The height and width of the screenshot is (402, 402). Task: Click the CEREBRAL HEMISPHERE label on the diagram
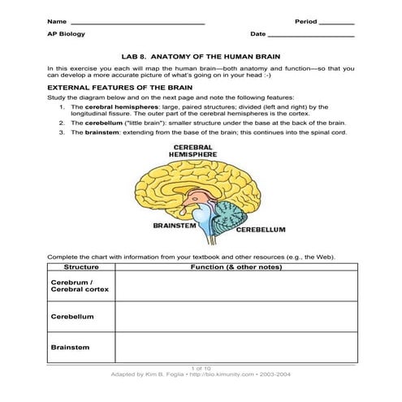192,151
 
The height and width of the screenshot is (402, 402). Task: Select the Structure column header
80,266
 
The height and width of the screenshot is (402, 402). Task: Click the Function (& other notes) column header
235,266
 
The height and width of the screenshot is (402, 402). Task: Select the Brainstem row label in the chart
70,348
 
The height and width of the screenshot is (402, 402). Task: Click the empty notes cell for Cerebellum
235,316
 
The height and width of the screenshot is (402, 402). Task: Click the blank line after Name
137,20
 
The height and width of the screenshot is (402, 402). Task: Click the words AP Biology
66,34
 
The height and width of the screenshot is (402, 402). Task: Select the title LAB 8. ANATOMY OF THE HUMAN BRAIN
201,57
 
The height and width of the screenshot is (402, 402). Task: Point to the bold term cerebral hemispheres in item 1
116,106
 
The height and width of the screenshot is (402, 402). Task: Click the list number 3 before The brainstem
63,132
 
